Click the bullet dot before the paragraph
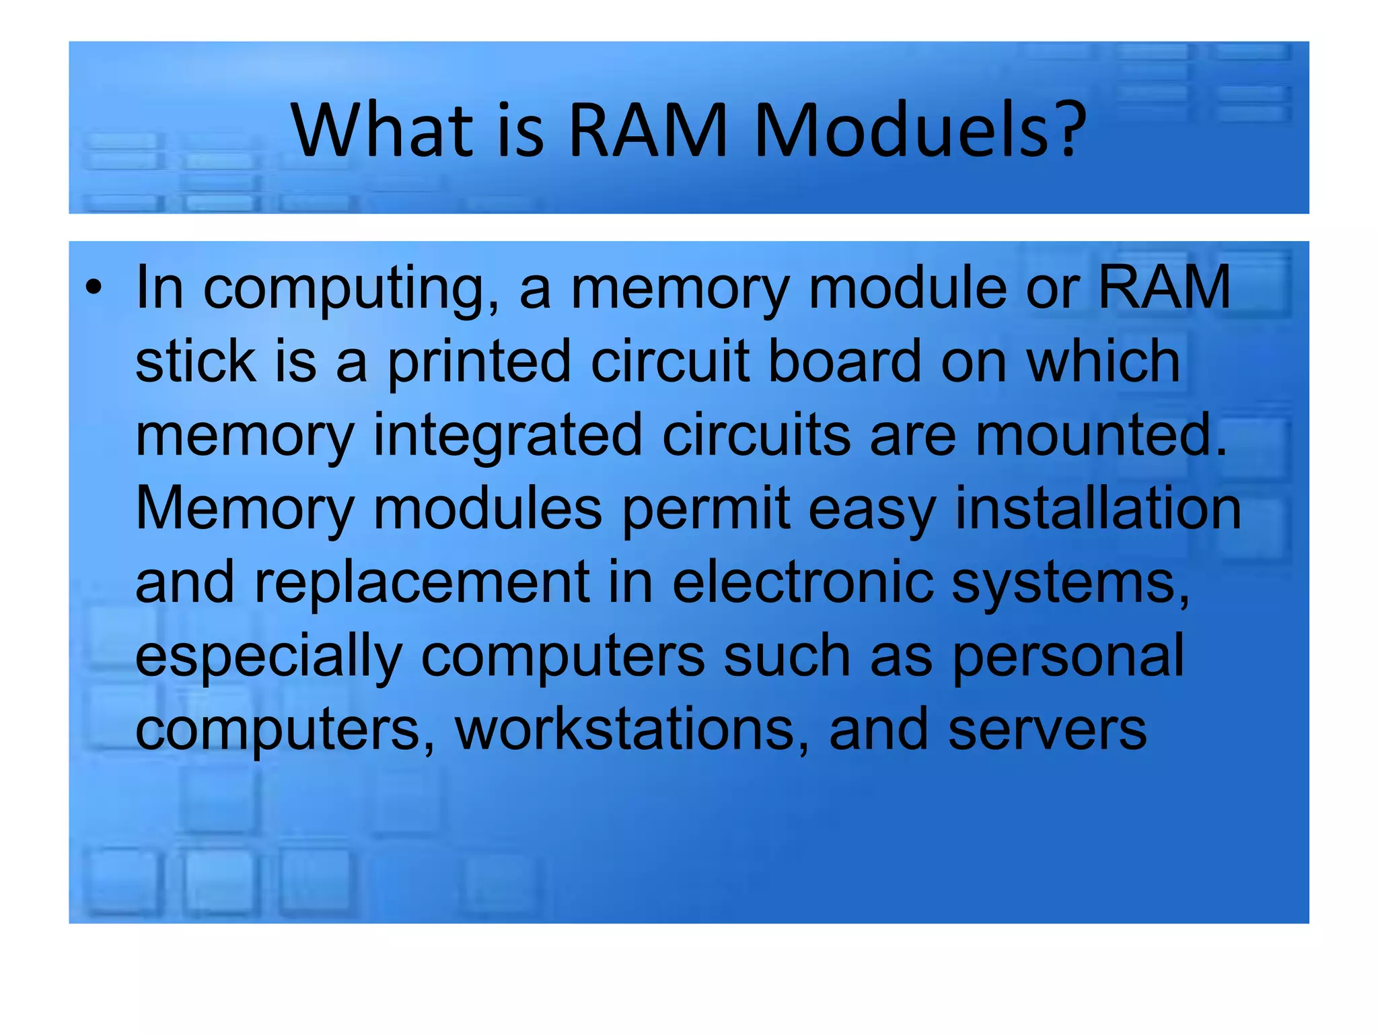(94, 288)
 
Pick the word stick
(195, 361)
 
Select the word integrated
(507, 435)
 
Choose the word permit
(705, 509)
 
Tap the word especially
(268, 656)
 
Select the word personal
(1068, 656)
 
